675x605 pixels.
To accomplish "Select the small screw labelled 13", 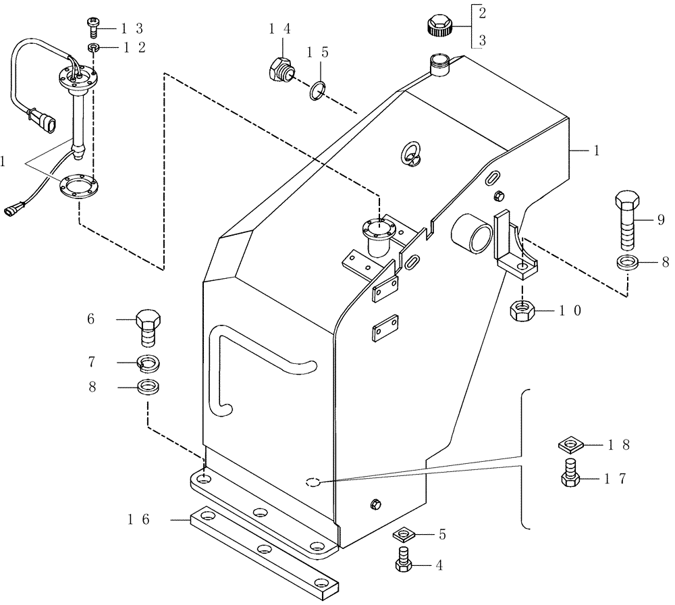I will click(x=93, y=28).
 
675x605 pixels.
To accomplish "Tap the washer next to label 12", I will click(x=93, y=47).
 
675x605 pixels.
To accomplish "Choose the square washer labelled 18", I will click(x=571, y=445).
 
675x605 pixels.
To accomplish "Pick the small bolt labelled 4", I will click(x=404, y=560).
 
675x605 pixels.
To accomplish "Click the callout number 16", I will click(x=140, y=519).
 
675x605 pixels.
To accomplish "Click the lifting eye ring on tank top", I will click(x=411, y=154).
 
